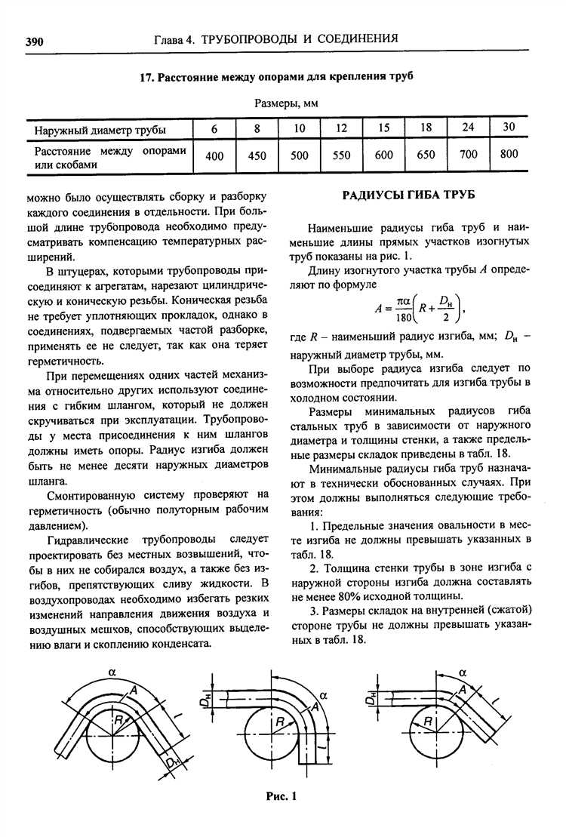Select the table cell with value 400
click(214, 155)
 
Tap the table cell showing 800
click(509, 154)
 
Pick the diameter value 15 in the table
click(383, 128)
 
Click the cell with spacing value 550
click(341, 155)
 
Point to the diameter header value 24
click(468, 128)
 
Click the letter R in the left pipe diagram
click(118, 722)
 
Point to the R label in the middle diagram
click(278, 723)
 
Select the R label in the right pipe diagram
click(428, 722)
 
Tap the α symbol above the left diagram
click(112, 670)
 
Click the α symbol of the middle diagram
click(323, 694)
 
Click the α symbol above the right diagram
click(463, 671)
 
